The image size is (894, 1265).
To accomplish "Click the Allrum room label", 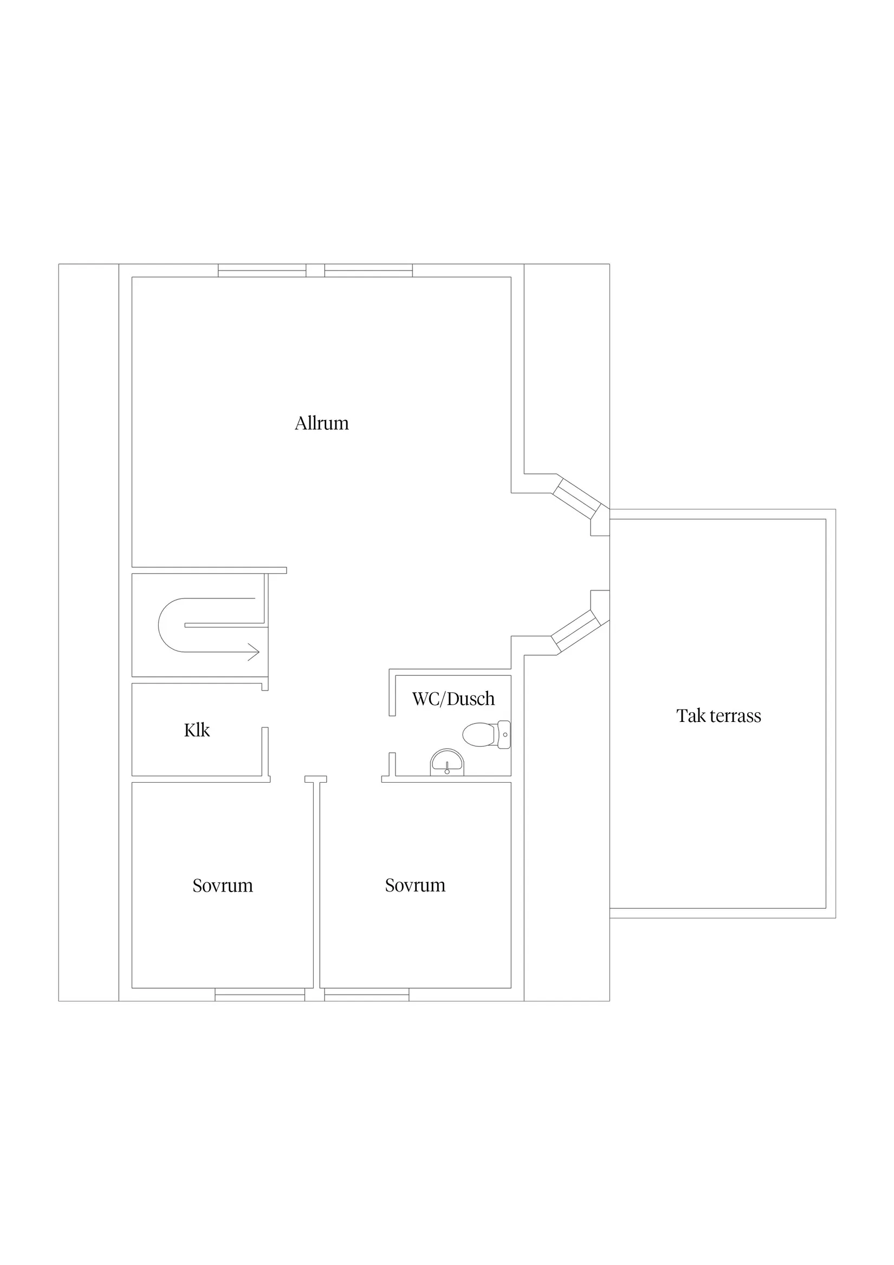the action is click(x=322, y=423).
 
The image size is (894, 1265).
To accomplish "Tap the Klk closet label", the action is click(x=197, y=730).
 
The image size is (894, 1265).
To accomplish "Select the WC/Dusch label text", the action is click(x=454, y=699).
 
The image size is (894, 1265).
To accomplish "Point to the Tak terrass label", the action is click(x=719, y=715).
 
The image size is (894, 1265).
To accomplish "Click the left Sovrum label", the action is click(x=223, y=886).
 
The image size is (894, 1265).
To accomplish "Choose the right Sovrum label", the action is click(x=416, y=885).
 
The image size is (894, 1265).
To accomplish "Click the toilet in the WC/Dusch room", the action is click(x=487, y=734).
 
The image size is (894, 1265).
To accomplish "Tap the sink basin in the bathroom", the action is click(x=446, y=763).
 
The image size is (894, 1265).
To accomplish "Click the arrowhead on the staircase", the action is click(x=254, y=652).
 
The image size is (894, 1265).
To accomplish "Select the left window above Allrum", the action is click(x=262, y=270).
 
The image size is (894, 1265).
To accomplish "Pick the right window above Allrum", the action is click(x=368, y=270).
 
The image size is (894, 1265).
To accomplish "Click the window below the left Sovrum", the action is click(x=260, y=995).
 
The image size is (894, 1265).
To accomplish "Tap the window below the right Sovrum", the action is click(x=366, y=995).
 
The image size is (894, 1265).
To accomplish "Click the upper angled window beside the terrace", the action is click(x=576, y=499).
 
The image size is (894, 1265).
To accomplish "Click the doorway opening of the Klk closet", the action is click(x=265, y=708).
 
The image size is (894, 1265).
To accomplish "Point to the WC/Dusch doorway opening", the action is click(x=392, y=734).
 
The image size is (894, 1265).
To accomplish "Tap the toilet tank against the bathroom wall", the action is click(x=504, y=734).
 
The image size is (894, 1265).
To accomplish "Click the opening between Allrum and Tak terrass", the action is click(x=609, y=563).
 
